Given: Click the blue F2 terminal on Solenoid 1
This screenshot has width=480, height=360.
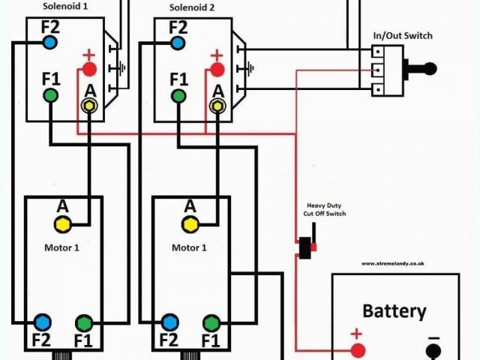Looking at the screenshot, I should tap(50, 43).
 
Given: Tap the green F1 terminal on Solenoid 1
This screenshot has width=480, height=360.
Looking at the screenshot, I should tap(50, 95).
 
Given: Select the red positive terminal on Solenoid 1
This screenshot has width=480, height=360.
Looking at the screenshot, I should tap(89, 70).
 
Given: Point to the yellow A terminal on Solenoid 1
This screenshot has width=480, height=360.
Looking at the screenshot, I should tap(89, 106).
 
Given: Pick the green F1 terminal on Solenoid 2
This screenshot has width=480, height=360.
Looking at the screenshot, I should tap(178, 95).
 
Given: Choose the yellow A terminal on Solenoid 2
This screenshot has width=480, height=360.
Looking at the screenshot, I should tap(217, 106).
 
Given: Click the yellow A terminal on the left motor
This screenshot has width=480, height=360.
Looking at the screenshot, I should tap(63, 223).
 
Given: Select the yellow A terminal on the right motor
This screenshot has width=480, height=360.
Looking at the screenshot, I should tap(190, 223).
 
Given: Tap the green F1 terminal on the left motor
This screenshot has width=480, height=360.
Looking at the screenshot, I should tap(84, 323).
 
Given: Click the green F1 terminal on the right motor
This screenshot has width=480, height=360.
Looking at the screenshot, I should tap(211, 323).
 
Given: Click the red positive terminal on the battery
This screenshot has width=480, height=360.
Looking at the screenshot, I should tap(358, 349).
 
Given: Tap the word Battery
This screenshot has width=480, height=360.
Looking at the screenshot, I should tap(394, 310).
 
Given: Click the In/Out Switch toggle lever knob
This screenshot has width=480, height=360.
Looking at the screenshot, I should tap(430, 69).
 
